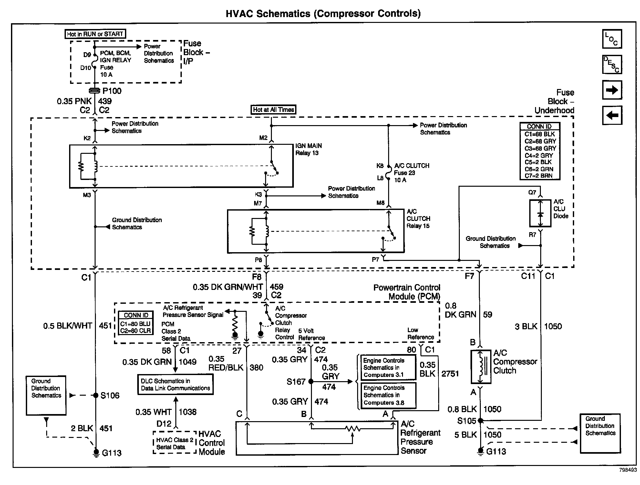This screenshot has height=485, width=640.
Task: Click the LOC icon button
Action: point(612,39)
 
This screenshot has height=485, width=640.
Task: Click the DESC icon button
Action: point(612,64)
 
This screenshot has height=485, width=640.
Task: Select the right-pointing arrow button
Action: point(612,90)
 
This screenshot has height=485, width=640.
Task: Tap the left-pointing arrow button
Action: point(612,115)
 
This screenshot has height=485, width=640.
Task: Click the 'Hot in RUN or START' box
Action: point(95,34)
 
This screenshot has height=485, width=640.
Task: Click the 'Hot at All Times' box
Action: point(274,110)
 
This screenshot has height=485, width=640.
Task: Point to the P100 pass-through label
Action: point(112,91)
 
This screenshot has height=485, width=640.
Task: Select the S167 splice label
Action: point(296,382)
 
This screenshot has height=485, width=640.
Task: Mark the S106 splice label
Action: point(110,395)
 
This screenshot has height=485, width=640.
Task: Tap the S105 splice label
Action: point(467,421)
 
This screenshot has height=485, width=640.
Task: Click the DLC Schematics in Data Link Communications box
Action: point(175,384)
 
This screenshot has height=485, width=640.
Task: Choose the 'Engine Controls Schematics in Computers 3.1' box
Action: point(388,368)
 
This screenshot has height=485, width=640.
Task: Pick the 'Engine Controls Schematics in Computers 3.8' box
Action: point(388,395)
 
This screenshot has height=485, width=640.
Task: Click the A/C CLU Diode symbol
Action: point(540,213)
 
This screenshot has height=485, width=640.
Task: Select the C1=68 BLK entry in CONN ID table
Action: point(540,134)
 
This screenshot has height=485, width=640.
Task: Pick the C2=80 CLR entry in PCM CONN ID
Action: point(136,331)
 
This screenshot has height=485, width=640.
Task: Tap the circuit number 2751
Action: point(450,374)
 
